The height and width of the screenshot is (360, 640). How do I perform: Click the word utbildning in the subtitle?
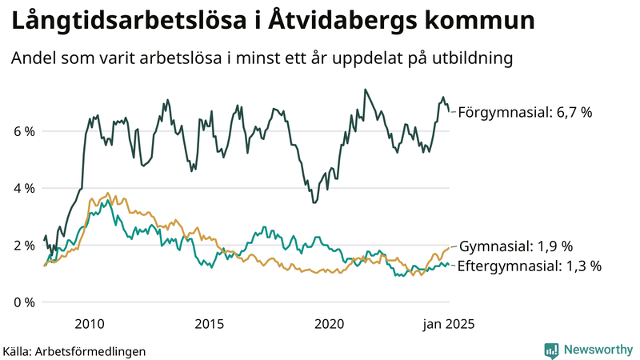tap(470, 59)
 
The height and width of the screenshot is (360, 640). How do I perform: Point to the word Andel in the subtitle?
tap(33, 59)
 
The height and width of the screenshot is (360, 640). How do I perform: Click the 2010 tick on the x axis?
tap(89, 324)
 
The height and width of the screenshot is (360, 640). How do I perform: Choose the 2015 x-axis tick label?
tap(209, 324)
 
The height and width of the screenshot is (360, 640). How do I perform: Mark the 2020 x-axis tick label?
tap(330, 324)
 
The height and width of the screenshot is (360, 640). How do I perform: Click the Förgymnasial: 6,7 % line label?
tap(524, 113)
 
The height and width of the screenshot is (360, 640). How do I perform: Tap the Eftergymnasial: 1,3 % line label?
tap(529, 266)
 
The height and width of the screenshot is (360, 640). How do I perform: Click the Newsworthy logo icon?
tap(551, 350)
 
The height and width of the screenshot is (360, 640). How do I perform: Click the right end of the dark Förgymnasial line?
tap(449, 110)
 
